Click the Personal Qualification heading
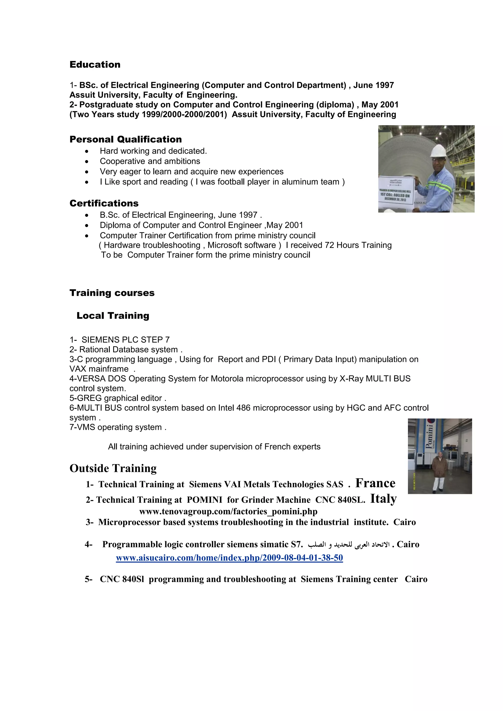126,139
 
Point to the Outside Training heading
113,468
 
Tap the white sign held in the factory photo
396,189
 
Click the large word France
375,483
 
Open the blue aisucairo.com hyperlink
229,558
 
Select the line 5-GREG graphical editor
118,398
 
